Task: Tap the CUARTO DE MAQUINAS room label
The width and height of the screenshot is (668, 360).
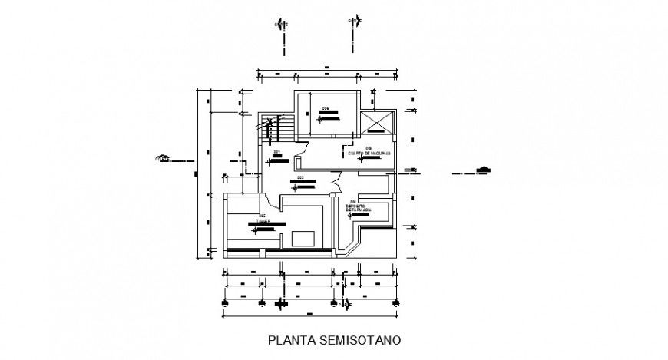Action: (x=369, y=153)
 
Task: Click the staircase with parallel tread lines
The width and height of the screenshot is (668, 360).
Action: (x=279, y=128)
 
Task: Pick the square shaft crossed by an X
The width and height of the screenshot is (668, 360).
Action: (x=379, y=124)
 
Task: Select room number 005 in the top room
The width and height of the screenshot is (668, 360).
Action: (x=326, y=108)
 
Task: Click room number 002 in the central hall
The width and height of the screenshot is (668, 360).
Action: (x=301, y=177)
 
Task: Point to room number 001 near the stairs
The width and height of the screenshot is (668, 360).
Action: (x=275, y=153)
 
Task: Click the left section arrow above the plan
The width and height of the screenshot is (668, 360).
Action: (x=283, y=21)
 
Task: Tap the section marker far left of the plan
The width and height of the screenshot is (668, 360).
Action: (x=163, y=159)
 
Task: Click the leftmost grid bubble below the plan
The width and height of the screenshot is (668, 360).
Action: (x=224, y=303)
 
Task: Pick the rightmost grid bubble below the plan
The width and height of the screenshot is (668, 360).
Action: (x=396, y=303)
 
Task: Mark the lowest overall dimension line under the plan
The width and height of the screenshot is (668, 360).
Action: (x=310, y=315)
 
